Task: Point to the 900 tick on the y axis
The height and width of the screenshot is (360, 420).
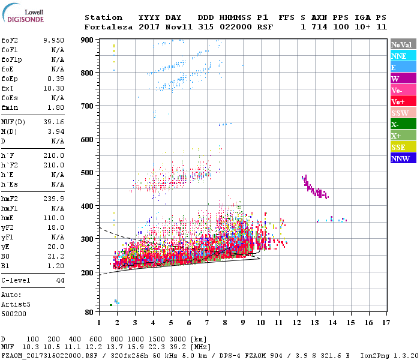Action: point(87,40)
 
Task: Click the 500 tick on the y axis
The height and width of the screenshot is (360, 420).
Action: point(87,173)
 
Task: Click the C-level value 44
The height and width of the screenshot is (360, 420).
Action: point(60,280)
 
